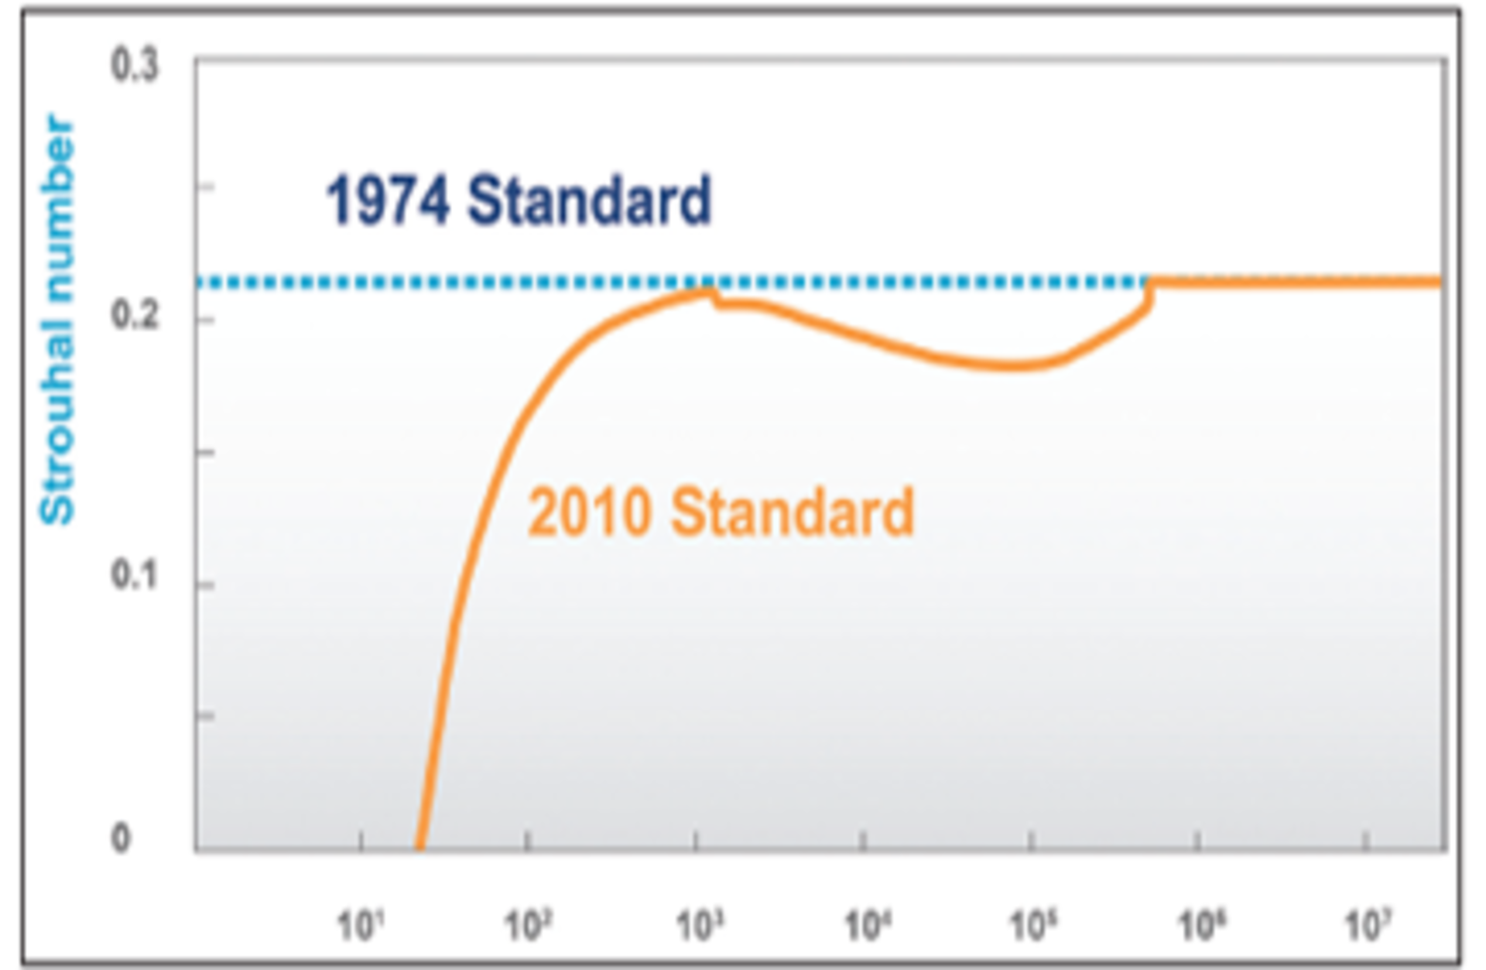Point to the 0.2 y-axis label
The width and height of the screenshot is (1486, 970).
135,316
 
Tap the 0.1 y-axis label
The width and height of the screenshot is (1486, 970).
135,576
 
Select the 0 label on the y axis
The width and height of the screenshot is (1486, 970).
121,838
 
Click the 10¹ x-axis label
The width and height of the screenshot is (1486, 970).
361,925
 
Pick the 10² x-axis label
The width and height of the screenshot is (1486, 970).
528,925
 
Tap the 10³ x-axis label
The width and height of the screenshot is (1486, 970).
700,925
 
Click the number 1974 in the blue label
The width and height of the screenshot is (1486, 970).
388,201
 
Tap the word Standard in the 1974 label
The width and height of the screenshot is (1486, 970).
588,201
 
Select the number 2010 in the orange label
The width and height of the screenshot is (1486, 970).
589,512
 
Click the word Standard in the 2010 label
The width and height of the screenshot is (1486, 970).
793,512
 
